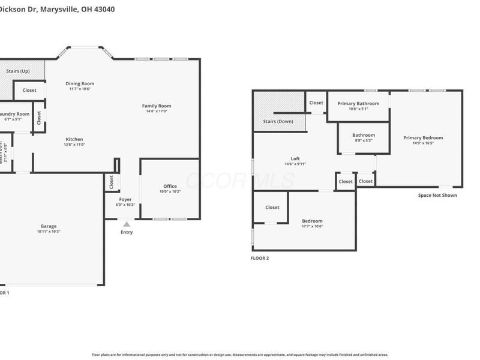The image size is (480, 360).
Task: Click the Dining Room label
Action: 80,84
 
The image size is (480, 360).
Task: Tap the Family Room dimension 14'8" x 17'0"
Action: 157,111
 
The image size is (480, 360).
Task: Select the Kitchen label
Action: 74,139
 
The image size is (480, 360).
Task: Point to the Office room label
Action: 170,186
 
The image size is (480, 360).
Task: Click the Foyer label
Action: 125,199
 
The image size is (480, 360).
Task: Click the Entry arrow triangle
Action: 127,224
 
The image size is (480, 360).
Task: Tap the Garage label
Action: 49,226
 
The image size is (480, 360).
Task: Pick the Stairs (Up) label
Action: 18,71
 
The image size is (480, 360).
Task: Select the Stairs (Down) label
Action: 278,121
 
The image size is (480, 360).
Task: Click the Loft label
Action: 295,158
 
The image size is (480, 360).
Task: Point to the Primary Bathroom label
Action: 358,103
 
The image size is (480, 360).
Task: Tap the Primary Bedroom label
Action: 423,137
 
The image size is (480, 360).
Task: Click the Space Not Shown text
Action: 437,195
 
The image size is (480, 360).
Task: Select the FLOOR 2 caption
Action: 260,258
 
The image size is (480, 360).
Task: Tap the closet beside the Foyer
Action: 112,181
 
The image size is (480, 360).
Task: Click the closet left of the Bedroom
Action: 272,208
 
